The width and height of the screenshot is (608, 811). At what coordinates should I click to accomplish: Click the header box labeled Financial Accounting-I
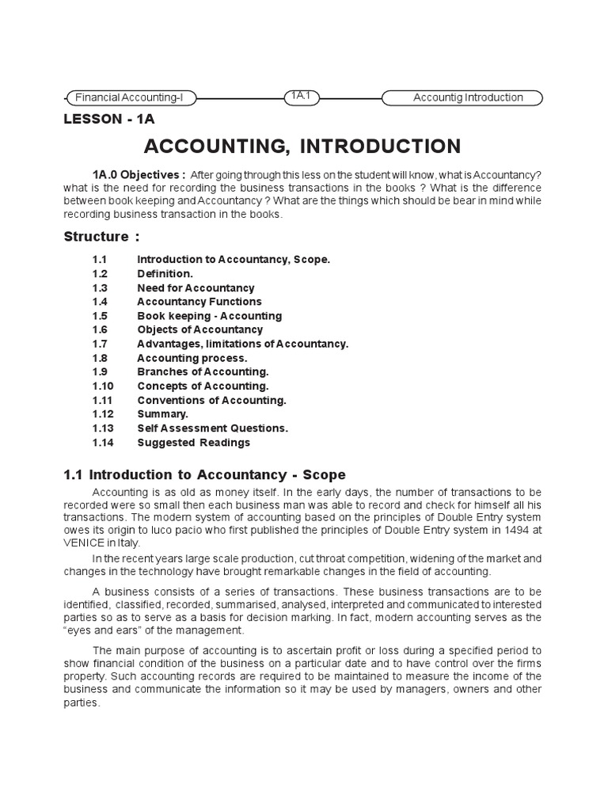[131, 97]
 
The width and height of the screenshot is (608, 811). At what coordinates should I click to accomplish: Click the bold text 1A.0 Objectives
[139, 174]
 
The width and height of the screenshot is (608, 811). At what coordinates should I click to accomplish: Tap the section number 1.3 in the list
[99, 287]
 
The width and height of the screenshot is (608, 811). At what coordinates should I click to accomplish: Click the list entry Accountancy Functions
[199, 302]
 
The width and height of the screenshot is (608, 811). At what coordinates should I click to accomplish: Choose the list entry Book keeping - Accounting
[209, 316]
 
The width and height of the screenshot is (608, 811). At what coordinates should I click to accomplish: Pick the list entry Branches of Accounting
[203, 371]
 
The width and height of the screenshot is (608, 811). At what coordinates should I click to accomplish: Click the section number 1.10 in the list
[103, 386]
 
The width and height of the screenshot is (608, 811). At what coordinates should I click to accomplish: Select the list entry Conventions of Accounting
[211, 400]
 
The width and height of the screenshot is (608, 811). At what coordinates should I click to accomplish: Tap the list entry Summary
[162, 414]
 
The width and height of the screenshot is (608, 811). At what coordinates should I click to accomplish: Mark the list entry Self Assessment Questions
[212, 428]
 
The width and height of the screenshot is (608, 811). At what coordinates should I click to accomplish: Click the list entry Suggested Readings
[193, 443]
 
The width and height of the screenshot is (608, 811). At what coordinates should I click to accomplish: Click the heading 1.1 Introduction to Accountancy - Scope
[204, 475]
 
